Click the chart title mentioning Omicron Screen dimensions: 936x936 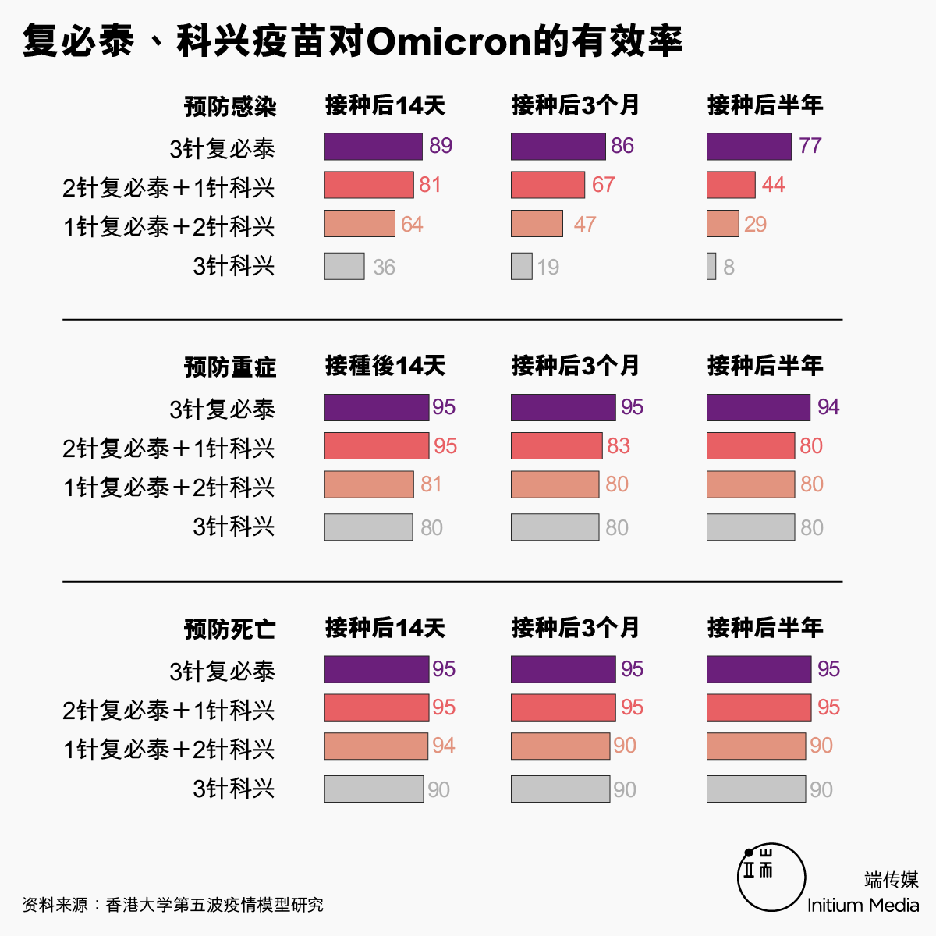pos(353,41)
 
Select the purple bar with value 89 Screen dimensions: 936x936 pos(373,147)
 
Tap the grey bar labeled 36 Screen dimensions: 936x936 pos(344,266)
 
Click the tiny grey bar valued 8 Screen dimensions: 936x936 pos(711,266)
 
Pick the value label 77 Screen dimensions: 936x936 pos(810,146)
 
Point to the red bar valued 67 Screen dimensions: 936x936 pos(548,185)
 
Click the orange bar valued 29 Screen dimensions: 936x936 pos(722,224)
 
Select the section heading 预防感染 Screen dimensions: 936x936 pos(230,106)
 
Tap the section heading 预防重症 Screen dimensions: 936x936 pos(230,367)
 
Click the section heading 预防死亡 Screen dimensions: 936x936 pos(230,629)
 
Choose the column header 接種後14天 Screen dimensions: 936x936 pos(385,366)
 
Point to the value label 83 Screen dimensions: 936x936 pos(618,445)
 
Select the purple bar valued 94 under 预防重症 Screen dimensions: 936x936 pos(758,407)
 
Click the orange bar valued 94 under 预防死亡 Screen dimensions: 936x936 pos(376,746)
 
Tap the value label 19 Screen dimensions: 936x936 pos(548,268)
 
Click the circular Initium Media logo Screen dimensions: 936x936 pos(771,877)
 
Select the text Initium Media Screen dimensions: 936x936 pos(863,905)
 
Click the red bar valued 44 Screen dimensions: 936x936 pos(731,185)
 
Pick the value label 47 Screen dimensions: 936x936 pos(584,225)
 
